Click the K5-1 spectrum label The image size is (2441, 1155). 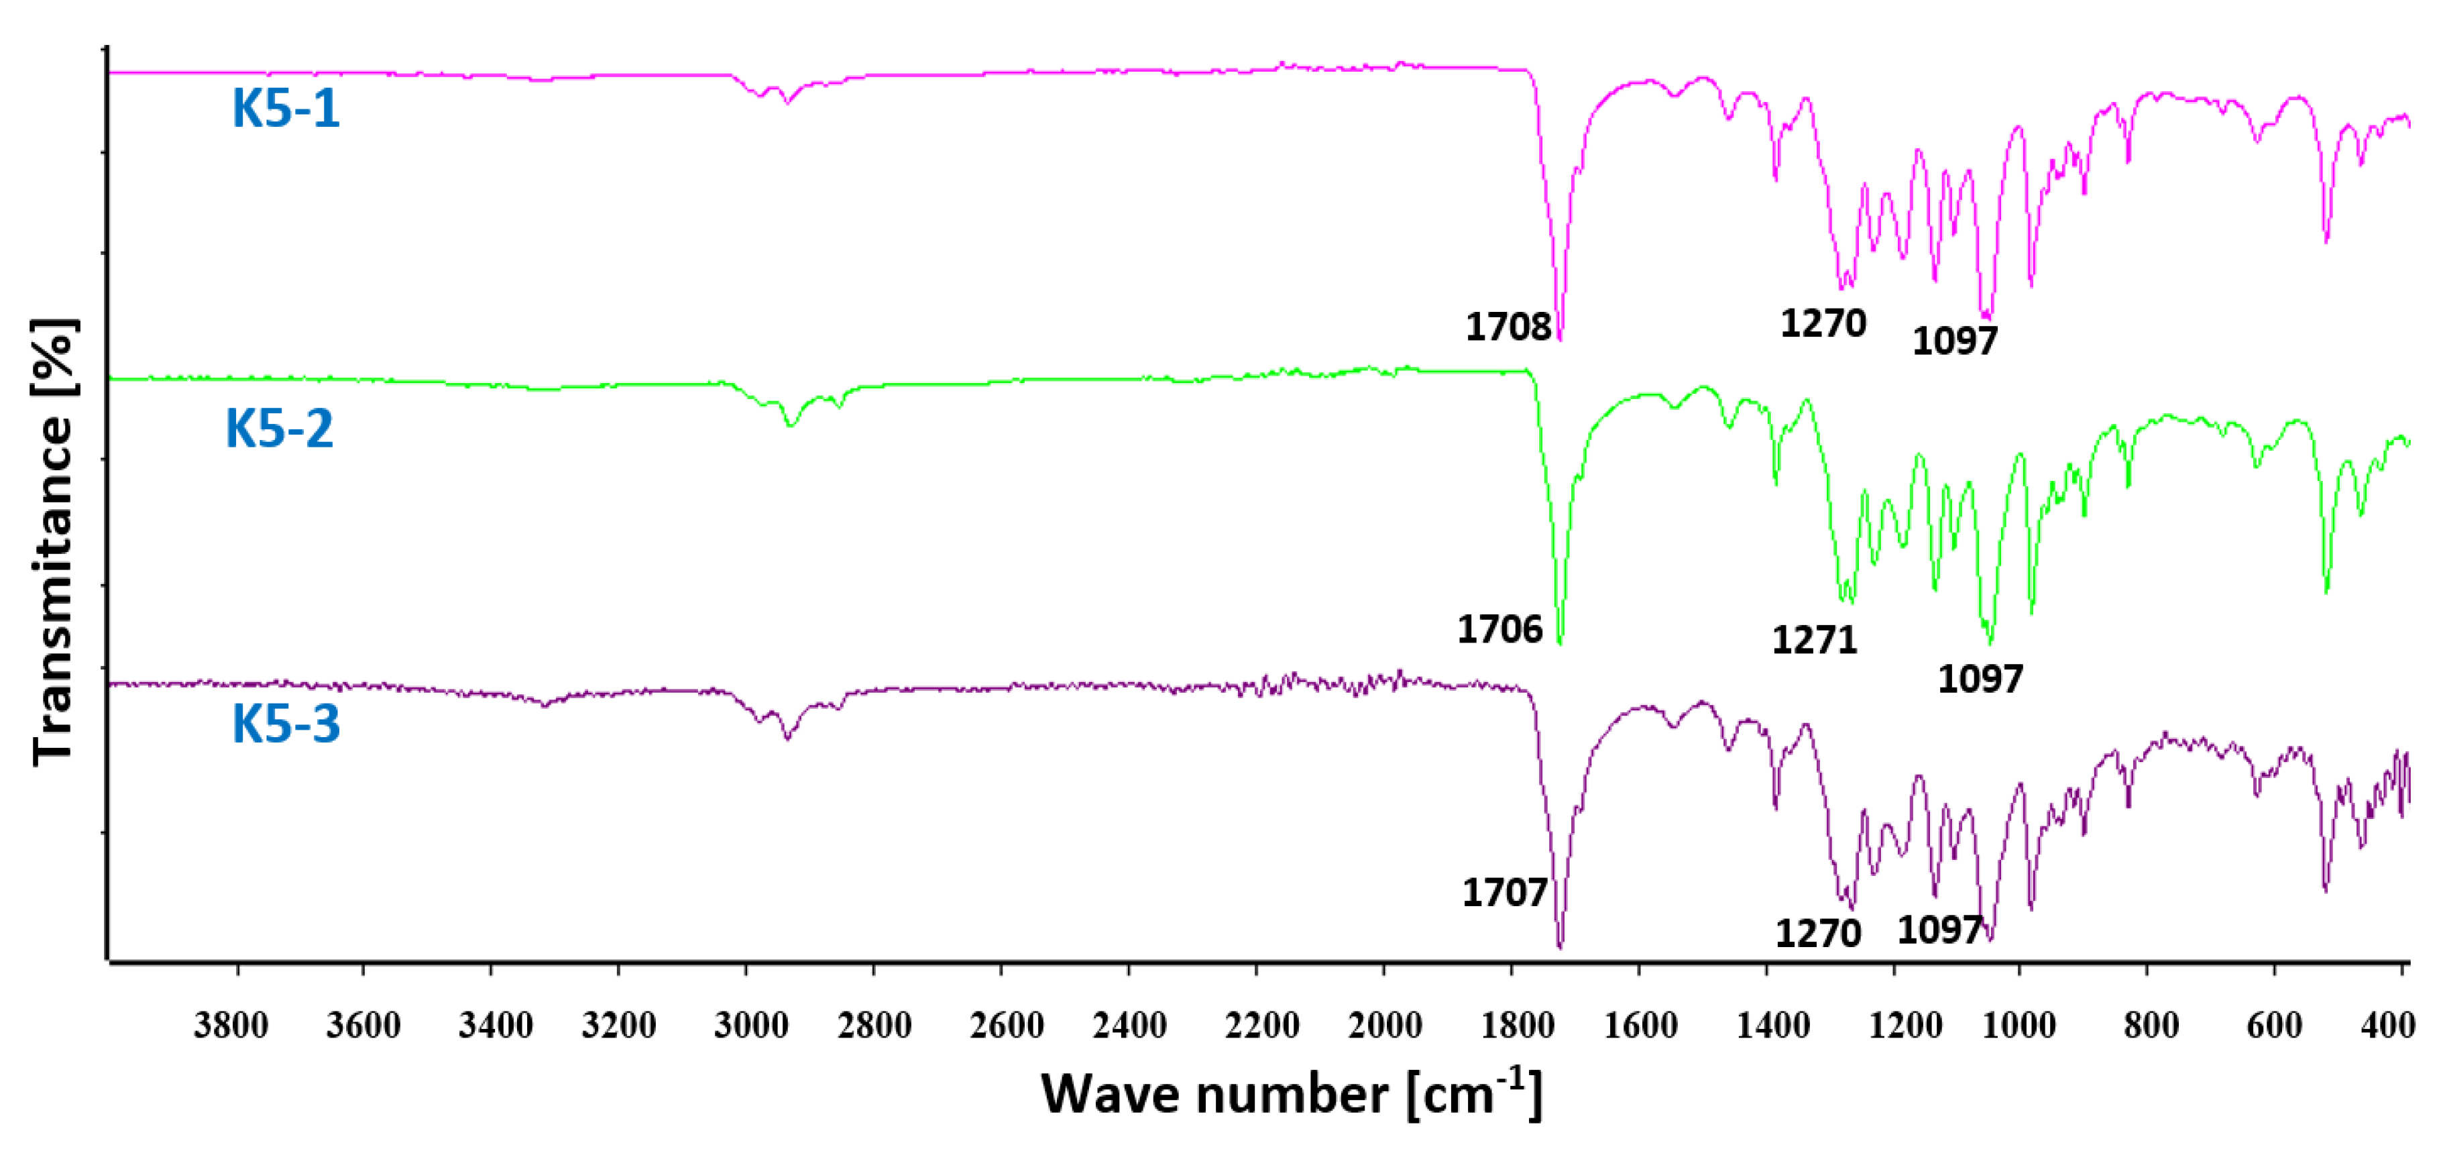(x=285, y=107)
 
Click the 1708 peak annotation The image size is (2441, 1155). (x=1508, y=327)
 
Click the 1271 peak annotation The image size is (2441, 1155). (x=1814, y=641)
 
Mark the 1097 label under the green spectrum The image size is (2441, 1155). (x=1980, y=679)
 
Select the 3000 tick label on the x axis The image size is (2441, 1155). (x=750, y=1025)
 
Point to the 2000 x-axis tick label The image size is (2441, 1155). (x=1384, y=1025)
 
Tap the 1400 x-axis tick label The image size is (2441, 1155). (x=1773, y=1025)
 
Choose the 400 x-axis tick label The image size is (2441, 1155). (x=2387, y=1025)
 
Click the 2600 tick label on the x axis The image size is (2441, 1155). (x=1007, y=1025)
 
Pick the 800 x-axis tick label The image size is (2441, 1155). (x=2151, y=1025)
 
